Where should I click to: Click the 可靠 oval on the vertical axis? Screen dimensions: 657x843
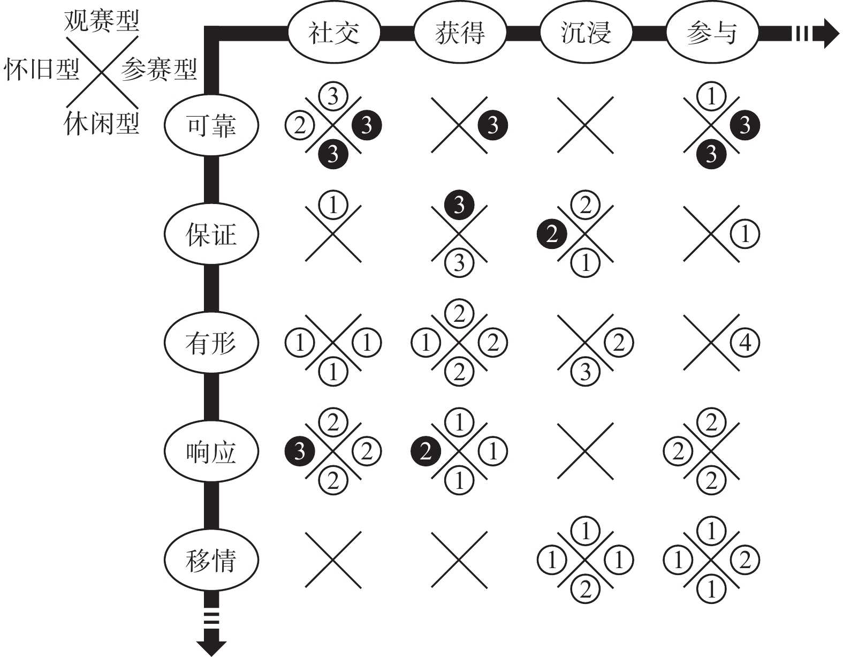[x=211, y=125]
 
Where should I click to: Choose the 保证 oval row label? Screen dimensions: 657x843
[x=211, y=234]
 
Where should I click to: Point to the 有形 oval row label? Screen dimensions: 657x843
[x=211, y=343]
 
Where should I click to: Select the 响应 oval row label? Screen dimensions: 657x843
[x=211, y=452]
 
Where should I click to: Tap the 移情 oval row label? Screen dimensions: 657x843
[x=211, y=561]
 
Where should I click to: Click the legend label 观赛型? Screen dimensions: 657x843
[x=101, y=20]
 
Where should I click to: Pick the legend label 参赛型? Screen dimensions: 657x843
[x=159, y=69]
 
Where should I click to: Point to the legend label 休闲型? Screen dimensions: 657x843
[x=101, y=123]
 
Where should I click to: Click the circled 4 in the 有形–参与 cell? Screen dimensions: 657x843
[x=745, y=343]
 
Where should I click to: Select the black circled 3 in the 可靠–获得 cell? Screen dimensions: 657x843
[x=492, y=125]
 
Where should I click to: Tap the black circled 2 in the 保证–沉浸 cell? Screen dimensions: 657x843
[x=552, y=234]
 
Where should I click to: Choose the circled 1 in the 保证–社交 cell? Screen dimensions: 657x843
[x=333, y=205]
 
